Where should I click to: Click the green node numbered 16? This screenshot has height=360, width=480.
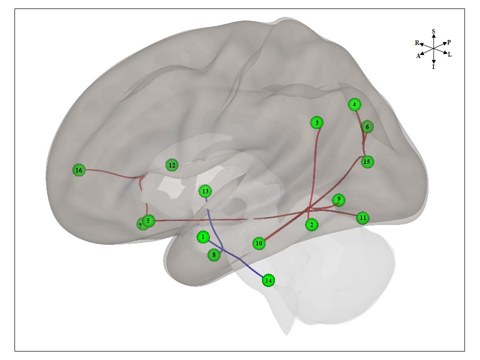click(78, 170)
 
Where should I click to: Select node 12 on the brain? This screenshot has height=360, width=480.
click(172, 165)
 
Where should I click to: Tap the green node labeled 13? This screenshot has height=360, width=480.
click(204, 191)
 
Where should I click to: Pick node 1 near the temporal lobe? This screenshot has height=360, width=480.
click(202, 236)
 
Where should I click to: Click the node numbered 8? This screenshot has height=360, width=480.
click(214, 255)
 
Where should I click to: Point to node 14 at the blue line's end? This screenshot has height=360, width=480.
click(268, 280)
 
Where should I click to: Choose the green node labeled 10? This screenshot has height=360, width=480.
click(258, 243)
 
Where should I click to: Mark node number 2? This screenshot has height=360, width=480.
click(311, 225)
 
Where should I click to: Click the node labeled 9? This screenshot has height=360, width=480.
click(338, 200)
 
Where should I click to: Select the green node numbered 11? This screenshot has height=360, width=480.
click(363, 218)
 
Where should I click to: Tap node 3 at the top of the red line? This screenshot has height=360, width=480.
click(316, 122)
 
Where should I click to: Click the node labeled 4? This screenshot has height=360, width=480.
click(354, 104)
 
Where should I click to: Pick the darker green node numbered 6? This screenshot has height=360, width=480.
click(367, 127)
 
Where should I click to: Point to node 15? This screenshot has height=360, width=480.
click(367, 161)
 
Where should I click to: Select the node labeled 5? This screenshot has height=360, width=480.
click(148, 220)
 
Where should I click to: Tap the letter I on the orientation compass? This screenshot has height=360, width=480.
click(433, 66)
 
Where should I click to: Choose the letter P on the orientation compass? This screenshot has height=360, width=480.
click(449, 42)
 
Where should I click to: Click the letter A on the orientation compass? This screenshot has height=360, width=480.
click(418, 56)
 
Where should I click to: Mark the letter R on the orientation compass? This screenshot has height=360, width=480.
click(417, 43)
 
